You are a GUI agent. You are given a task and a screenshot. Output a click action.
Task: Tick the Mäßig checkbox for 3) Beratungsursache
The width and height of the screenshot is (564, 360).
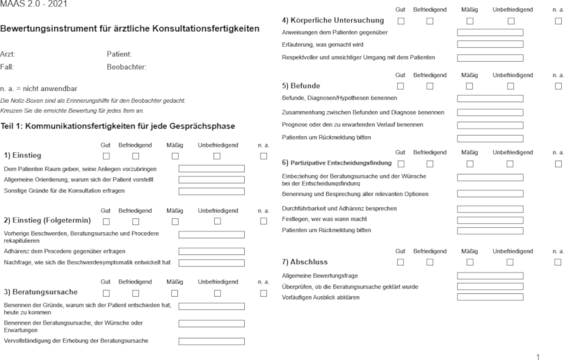[x=175, y=293]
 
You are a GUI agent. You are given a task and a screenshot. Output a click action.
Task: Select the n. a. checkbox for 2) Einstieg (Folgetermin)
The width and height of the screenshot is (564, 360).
[x=263, y=221]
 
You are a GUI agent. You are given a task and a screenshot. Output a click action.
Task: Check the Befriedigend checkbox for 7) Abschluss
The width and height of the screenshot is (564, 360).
[x=430, y=262]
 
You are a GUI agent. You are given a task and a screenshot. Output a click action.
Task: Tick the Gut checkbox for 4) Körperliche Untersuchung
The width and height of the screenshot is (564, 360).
[x=400, y=21]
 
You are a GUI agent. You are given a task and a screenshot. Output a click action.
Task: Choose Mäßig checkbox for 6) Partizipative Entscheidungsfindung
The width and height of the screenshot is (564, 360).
[x=469, y=163]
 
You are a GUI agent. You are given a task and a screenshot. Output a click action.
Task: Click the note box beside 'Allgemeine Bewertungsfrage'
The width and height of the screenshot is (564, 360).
[x=490, y=276]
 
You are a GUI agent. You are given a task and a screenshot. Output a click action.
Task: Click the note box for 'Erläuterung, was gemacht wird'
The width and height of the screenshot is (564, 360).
[x=490, y=44]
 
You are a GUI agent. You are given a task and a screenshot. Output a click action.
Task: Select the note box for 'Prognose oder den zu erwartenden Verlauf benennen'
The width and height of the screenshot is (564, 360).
[x=490, y=125]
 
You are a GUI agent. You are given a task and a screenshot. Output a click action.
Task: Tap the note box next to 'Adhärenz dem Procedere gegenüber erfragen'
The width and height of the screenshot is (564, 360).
[x=211, y=251]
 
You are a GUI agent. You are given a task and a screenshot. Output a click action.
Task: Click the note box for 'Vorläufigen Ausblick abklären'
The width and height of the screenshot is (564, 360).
[x=490, y=297]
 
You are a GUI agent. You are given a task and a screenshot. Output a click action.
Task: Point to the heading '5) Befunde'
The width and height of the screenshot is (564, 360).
[x=301, y=86]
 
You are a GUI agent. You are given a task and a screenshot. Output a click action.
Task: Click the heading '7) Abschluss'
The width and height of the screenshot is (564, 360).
[x=305, y=262]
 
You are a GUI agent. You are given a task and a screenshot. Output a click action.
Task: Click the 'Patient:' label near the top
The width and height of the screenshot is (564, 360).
[x=119, y=54]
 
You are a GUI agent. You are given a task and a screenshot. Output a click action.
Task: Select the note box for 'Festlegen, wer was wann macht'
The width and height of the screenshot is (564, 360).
[x=490, y=220]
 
